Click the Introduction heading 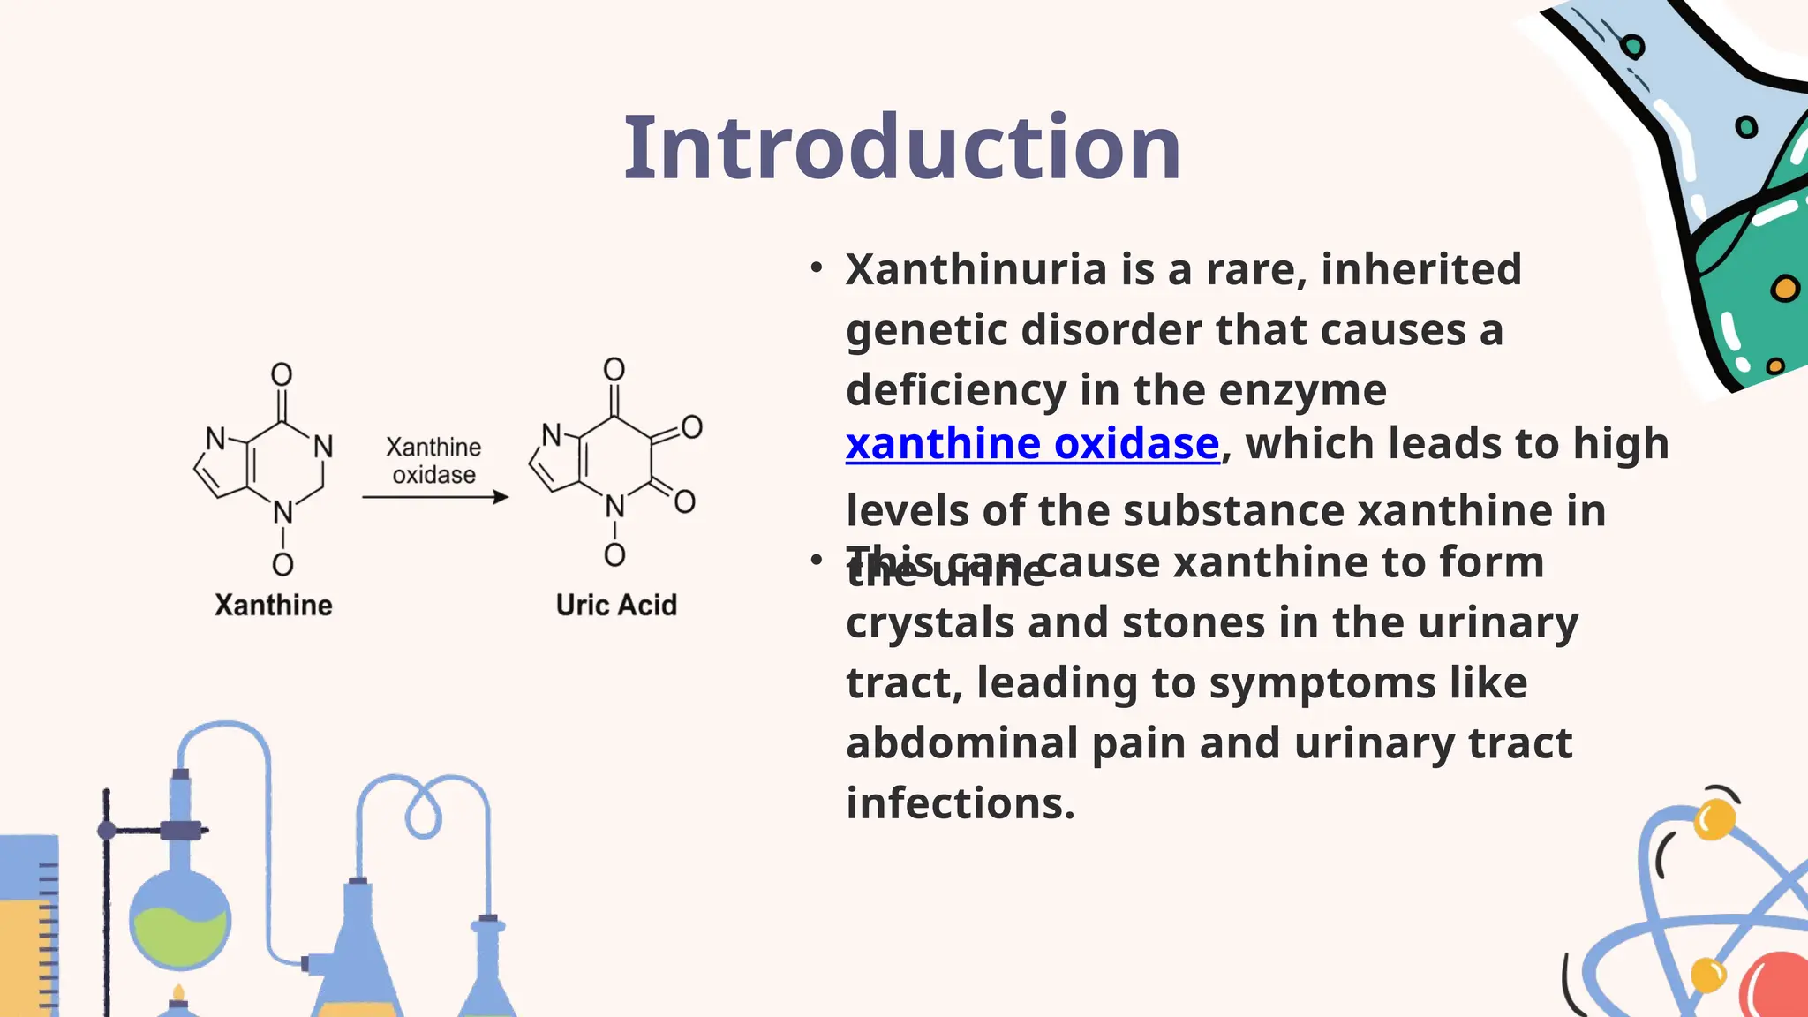click(901, 148)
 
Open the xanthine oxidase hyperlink click(1032, 444)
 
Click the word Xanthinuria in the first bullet click(976, 269)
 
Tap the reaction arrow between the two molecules click(435, 497)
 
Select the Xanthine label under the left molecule click(274, 606)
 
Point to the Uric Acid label click(616, 606)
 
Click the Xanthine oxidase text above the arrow click(433, 461)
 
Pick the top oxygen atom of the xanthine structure click(282, 374)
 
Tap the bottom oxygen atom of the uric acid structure click(615, 555)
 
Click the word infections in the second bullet click(960, 803)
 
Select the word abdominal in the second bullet click(961, 743)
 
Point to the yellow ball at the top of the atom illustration click(1714, 819)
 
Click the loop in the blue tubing click(423, 812)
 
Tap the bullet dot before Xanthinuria click(817, 267)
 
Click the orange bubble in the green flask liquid click(1785, 289)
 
